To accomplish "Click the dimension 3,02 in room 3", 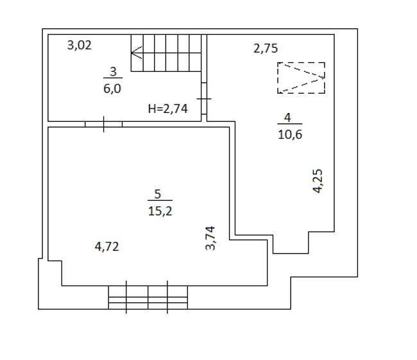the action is tap(80, 45).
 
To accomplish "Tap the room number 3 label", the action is tap(113, 72).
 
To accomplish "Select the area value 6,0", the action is tap(112, 89).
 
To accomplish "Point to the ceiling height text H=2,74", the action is tap(168, 108).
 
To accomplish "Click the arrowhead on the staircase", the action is tap(136, 53).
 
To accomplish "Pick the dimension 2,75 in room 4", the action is tap(266, 48).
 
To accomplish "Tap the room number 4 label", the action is tap(287, 117).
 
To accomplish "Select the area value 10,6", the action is tap(290, 134).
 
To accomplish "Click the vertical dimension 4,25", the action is tap(318, 181).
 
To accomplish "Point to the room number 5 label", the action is tap(158, 194).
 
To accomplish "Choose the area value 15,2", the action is tap(160, 211).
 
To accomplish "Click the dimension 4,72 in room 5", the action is tap(106, 246).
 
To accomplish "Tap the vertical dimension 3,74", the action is tap(210, 238).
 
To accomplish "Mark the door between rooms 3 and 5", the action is tap(103, 124).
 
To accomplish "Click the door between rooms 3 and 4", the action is tap(204, 99).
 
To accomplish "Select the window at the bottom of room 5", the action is tap(148, 298).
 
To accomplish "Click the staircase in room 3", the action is tap(166, 53).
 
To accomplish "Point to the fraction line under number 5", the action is tap(160, 200).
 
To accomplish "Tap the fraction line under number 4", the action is tap(290, 124).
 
